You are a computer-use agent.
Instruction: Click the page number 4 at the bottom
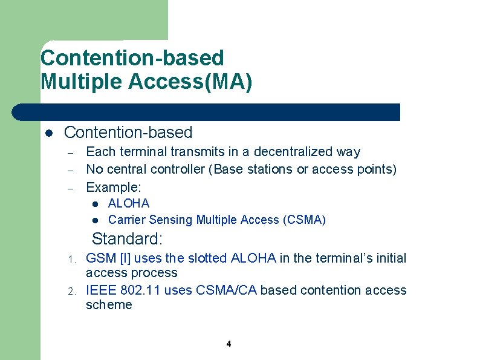229,344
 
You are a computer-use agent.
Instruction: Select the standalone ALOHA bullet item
128,203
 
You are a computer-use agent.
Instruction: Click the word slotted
207,258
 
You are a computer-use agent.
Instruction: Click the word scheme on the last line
109,305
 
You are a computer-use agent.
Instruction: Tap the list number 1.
71,260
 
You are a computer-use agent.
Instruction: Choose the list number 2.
71,292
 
